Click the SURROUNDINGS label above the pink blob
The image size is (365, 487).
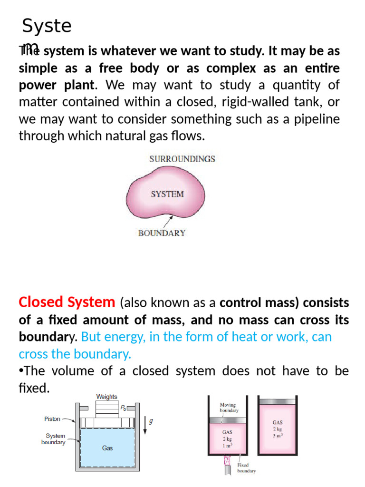click(x=182, y=159)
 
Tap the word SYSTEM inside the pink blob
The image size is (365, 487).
click(x=167, y=194)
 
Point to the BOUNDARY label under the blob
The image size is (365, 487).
click(x=162, y=233)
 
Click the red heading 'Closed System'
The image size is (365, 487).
click(x=67, y=302)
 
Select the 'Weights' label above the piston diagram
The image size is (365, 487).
click(x=106, y=397)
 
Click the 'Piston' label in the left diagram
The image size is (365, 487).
click(x=52, y=419)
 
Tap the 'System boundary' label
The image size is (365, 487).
click(x=55, y=438)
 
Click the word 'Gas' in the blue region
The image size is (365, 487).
click(x=107, y=448)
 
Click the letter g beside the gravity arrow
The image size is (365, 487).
click(x=151, y=421)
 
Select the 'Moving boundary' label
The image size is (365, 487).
click(x=229, y=408)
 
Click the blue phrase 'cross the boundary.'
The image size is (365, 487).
click(x=75, y=354)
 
